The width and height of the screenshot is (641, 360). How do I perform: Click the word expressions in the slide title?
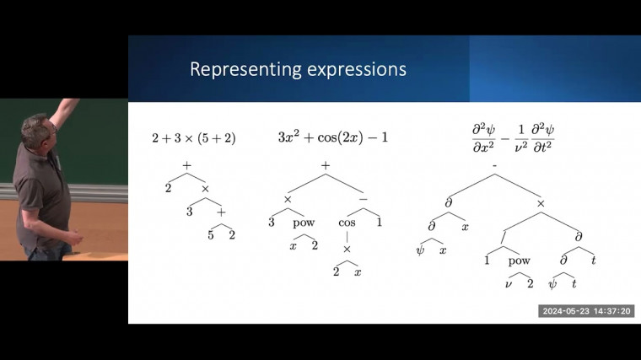click(353, 69)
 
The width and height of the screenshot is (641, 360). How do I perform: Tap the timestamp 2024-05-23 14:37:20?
click(586, 311)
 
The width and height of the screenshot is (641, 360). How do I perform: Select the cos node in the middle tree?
click(347, 223)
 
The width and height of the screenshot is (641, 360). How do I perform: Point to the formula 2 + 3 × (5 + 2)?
click(193, 137)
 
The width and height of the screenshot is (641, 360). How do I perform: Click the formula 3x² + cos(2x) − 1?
click(333, 136)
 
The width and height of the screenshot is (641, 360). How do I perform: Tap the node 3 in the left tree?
click(190, 212)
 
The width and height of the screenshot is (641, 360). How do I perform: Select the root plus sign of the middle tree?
click(326, 166)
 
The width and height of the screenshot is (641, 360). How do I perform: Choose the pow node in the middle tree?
click(304, 223)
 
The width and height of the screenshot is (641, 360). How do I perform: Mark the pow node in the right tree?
click(520, 261)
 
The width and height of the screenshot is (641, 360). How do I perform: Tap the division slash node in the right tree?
click(503, 240)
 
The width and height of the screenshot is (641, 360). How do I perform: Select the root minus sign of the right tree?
click(494, 177)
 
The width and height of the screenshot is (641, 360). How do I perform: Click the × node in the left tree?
click(205, 190)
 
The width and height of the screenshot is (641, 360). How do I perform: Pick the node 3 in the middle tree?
click(272, 223)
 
